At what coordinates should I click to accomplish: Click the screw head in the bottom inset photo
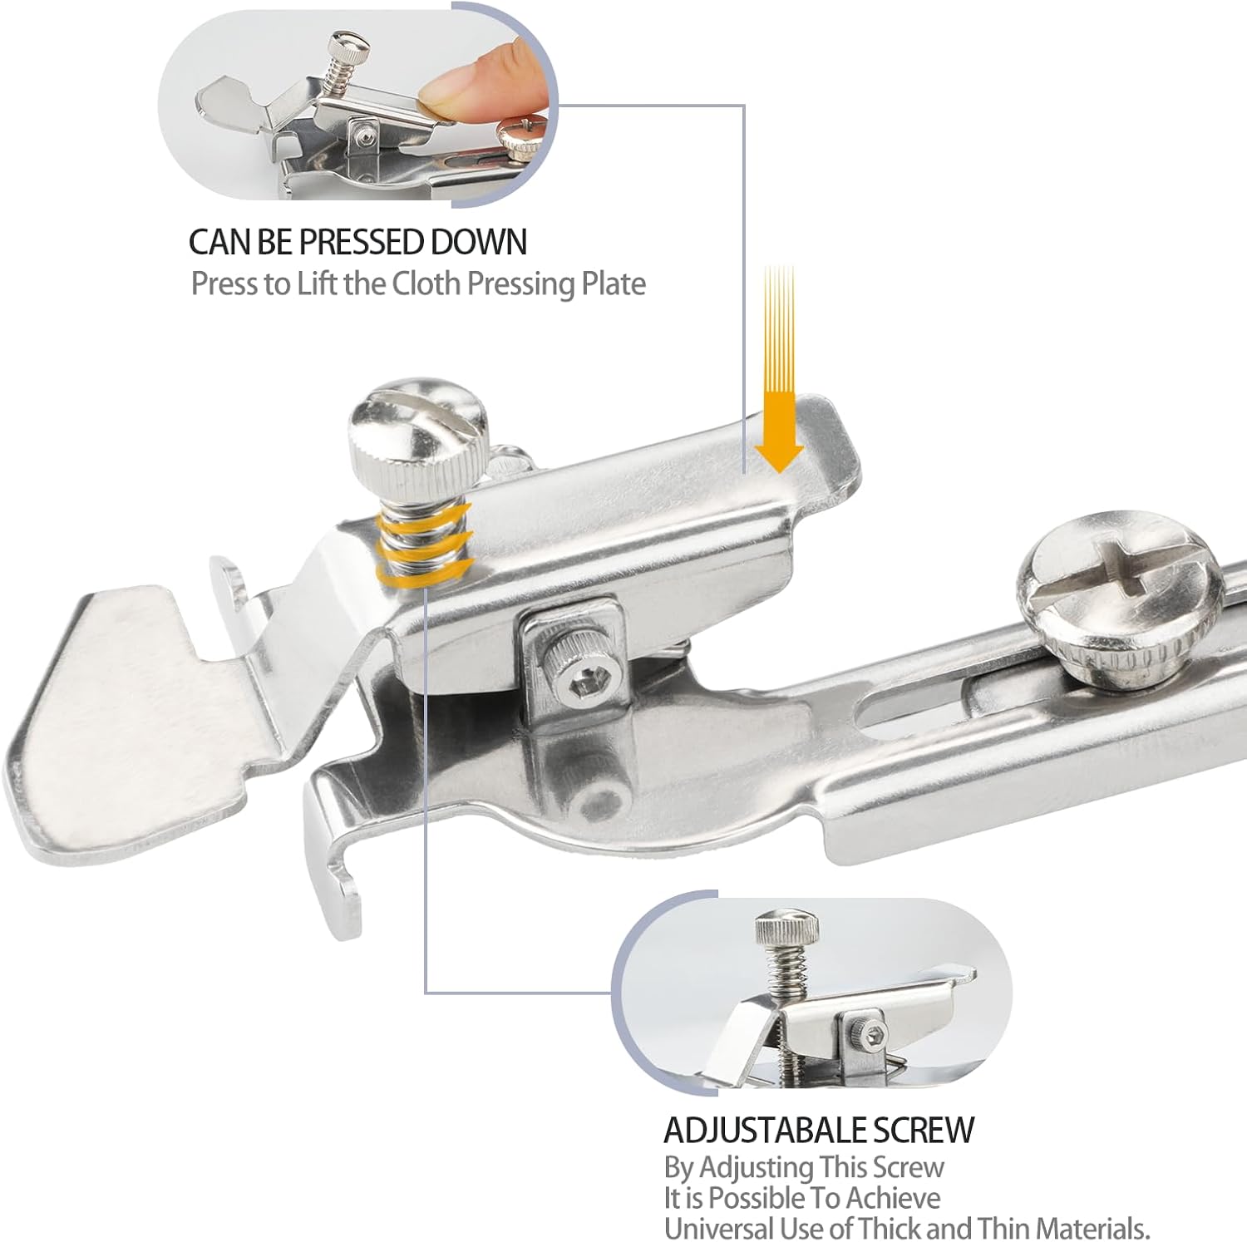[x=786, y=928]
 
